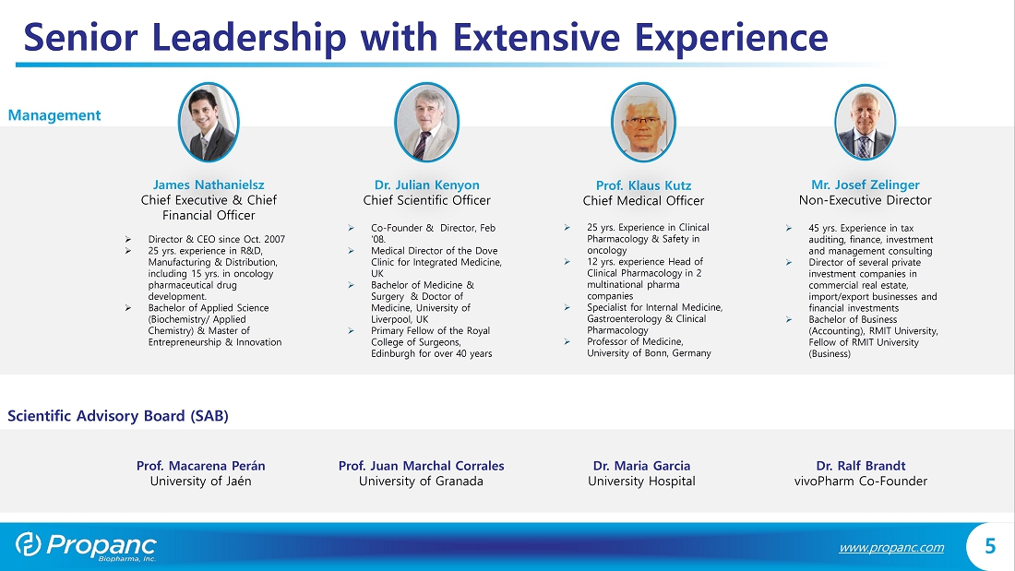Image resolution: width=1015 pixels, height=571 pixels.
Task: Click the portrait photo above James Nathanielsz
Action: [x=209, y=122]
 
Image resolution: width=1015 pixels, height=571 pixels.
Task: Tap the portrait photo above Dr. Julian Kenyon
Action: [x=426, y=122]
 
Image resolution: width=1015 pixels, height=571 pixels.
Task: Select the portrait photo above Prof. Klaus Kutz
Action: [x=643, y=122]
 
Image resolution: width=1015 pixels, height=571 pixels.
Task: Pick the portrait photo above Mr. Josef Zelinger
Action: [x=865, y=122]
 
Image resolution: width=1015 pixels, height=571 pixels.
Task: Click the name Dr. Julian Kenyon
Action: [x=426, y=185]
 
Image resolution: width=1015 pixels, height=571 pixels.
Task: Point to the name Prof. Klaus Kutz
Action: [x=643, y=185]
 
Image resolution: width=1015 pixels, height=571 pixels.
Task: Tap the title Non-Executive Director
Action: [x=865, y=200]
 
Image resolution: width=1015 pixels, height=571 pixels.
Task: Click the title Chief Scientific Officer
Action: [x=426, y=200]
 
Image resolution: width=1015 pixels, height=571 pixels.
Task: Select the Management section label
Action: [x=54, y=115]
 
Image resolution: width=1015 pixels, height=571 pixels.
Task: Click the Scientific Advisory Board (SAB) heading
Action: [x=118, y=416]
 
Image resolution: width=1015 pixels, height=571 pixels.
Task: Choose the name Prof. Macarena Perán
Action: [x=200, y=466]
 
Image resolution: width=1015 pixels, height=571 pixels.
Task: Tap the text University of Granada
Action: [x=421, y=481]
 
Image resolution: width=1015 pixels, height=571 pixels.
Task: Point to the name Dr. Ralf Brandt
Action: [x=860, y=466]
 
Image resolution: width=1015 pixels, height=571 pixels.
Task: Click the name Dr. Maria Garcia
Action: [x=641, y=466]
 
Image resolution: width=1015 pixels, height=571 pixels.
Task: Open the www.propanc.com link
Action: [x=891, y=548]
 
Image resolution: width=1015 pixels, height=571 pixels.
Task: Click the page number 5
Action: [x=990, y=546]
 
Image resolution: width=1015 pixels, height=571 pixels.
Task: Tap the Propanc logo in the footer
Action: [x=86, y=546]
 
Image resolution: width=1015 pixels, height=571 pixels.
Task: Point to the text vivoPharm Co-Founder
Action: [x=860, y=481]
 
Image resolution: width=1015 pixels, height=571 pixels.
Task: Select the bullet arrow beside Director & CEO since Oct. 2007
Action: [x=128, y=240]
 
